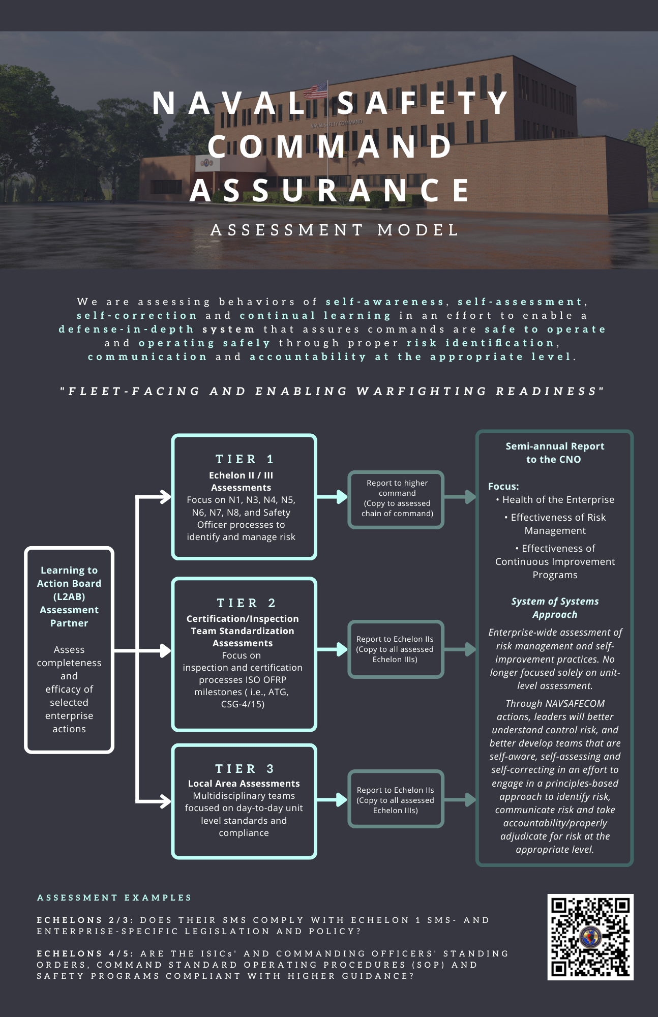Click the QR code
(x=590, y=937)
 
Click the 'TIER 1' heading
(x=245, y=459)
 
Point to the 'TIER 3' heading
(x=245, y=768)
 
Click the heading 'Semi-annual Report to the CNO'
(x=554, y=453)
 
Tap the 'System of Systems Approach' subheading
(x=555, y=608)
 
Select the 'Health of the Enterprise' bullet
(x=558, y=500)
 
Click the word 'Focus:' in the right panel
(x=503, y=486)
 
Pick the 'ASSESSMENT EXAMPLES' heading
(x=114, y=898)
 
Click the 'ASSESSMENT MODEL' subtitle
(x=335, y=230)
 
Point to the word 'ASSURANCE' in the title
(x=331, y=190)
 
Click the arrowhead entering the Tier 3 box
(x=166, y=801)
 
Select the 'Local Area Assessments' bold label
(x=244, y=784)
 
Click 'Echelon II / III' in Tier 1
(x=241, y=475)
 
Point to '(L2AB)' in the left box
(x=69, y=596)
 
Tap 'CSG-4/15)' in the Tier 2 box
(x=243, y=704)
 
